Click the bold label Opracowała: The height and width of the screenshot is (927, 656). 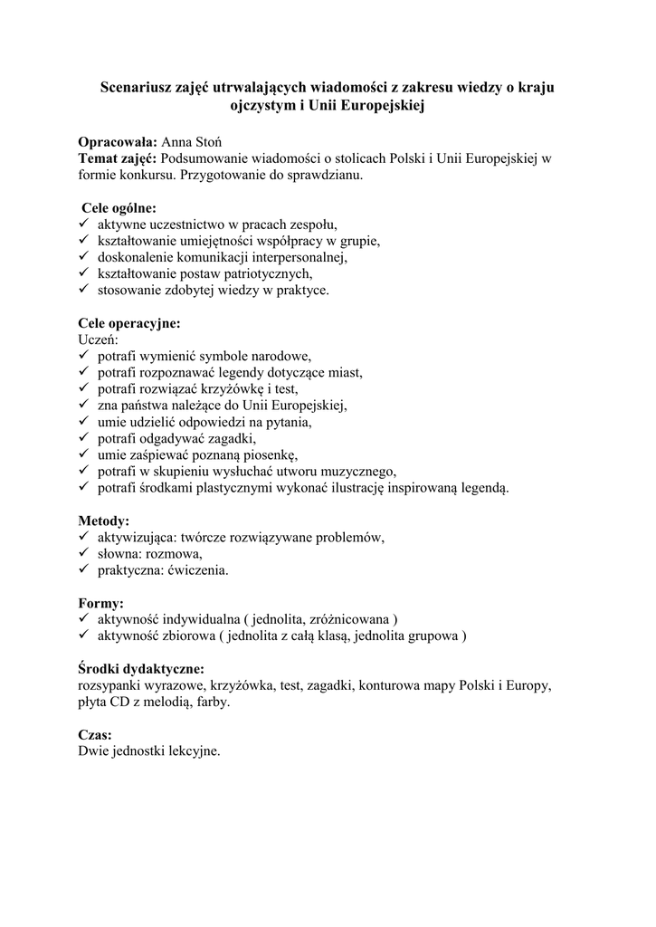point(118,143)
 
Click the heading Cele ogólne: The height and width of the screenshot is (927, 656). point(119,208)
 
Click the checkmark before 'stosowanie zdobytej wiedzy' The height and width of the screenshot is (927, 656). point(83,290)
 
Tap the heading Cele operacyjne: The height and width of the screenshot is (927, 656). point(129,323)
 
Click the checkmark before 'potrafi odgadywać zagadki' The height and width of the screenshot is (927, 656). point(83,438)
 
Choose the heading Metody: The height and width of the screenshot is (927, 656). point(104,521)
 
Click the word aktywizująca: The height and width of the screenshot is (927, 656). point(137,538)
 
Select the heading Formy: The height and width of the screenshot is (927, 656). point(101,603)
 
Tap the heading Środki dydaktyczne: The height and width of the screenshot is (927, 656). point(141,669)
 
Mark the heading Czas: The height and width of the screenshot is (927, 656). point(95,735)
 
